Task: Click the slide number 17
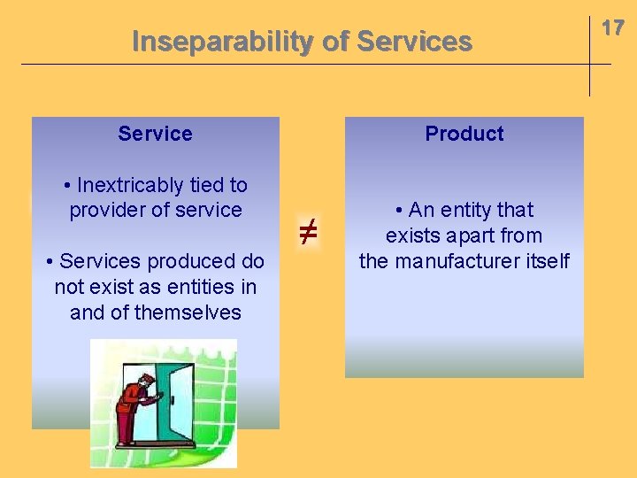tap(613, 28)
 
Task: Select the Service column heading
tap(155, 134)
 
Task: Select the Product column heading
tap(464, 134)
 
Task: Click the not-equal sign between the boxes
tap(307, 234)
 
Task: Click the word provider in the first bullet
tap(108, 210)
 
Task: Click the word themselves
tap(187, 312)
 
